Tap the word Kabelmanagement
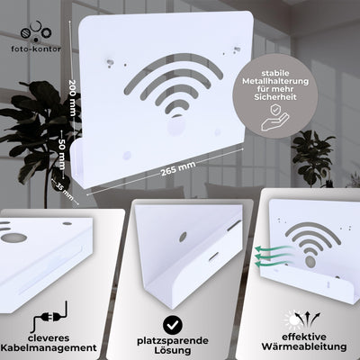coord(62,346)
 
